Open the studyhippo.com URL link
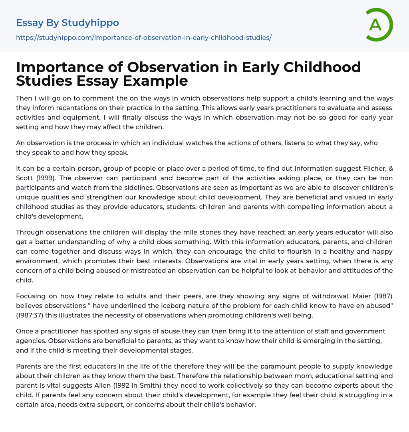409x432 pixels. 144,37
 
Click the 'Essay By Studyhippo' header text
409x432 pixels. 68,23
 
